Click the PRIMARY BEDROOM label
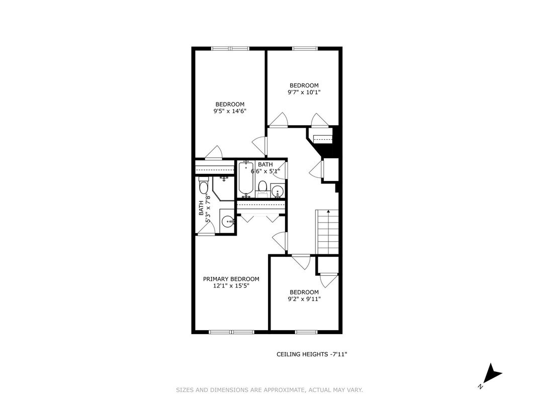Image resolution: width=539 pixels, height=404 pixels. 231,279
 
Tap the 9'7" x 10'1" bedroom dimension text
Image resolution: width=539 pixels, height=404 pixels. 304,92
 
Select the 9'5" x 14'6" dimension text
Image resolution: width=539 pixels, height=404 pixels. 230,111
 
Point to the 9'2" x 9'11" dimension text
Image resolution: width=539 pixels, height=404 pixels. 304,299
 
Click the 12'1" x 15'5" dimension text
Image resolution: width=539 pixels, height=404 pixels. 231,285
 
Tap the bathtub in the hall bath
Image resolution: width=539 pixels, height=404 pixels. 246,179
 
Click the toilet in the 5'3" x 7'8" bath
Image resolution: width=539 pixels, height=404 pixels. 204,185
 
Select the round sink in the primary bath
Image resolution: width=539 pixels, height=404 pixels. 228,222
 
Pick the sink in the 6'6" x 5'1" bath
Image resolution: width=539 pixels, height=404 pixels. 278,190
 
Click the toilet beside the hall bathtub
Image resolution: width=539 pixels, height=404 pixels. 262,188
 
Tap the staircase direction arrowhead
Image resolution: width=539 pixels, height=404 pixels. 329,211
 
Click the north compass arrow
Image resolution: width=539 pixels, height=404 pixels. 493,377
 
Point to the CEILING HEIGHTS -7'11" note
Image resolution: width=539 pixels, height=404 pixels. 312,354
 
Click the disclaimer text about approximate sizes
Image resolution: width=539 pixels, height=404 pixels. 269,390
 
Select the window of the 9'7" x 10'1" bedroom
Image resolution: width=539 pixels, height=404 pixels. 305,48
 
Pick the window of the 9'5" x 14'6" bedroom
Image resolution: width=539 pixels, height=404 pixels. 230,48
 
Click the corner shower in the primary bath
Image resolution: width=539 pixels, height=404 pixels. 223,188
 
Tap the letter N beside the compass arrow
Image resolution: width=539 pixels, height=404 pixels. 480,387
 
